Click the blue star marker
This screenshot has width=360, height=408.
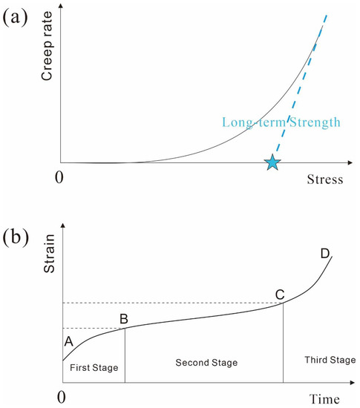(x=273, y=162)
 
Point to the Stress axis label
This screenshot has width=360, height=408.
(x=324, y=180)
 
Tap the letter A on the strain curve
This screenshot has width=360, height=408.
(x=68, y=342)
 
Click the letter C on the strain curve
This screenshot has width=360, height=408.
(x=280, y=295)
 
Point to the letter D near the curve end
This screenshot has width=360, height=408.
(x=324, y=254)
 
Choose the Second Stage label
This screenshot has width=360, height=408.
(x=206, y=363)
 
